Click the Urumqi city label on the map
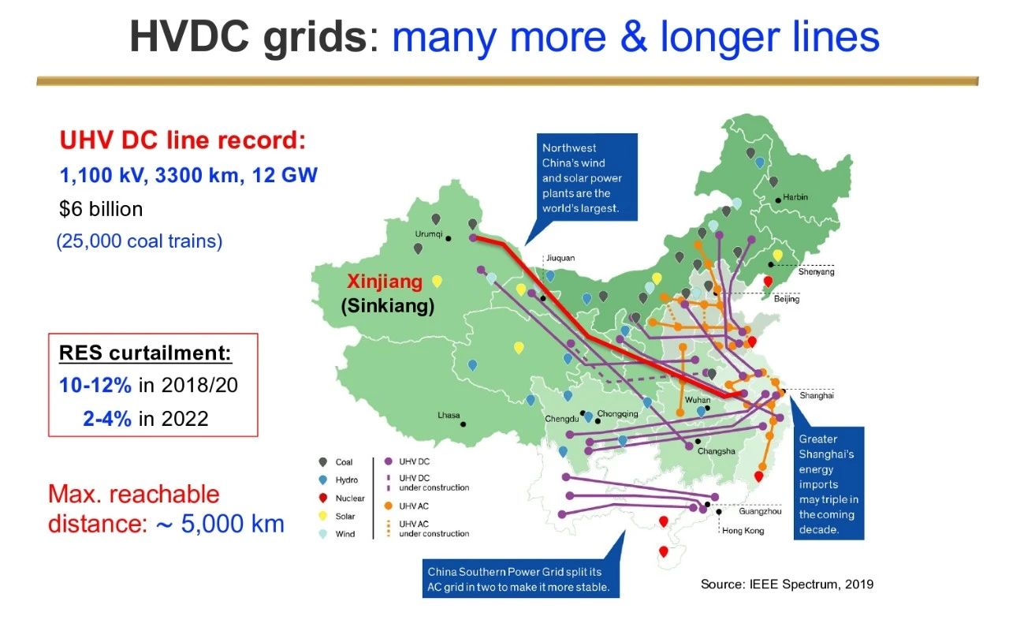[x=428, y=234]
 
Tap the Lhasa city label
[x=449, y=415]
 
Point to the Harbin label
[x=795, y=197]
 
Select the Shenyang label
[x=816, y=272]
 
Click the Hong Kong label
[x=743, y=531]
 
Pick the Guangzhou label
[x=760, y=512]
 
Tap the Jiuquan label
[x=560, y=258]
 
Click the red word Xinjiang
[x=385, y=282]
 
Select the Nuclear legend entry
[x=349, y=498]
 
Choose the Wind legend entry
[x=345, y=534]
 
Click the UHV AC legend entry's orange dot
[x=389, y=506]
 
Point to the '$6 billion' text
[x=101, y=209]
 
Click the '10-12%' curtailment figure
[x=95, y=386]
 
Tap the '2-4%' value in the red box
[x=107, y=419]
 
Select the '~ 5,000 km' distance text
[x=220, y=524]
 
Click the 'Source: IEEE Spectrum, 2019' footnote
[x=787, y=584]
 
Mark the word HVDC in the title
[x=189, y=37]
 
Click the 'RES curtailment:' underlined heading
[x=145, y=353]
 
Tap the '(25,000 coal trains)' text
[x=140, y=241]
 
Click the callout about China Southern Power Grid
[x=521, y=579]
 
